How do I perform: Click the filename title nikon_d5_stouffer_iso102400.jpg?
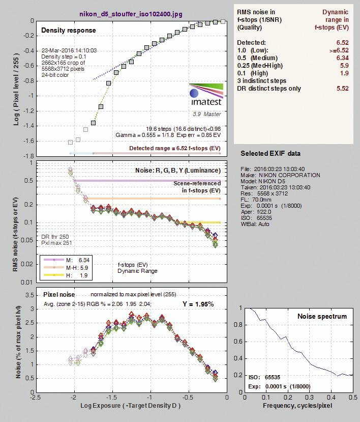131,14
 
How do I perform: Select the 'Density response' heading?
68,30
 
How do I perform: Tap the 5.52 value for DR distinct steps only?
343,89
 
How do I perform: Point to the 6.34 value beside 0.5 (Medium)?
343,58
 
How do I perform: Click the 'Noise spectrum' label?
322,316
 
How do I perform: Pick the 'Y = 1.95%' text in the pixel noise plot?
198,304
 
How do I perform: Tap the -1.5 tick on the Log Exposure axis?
112,398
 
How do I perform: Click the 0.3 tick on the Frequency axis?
310,398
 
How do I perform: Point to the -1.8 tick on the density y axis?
28,156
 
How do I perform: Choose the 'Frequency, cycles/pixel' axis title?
297,406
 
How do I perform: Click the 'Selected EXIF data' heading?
271,153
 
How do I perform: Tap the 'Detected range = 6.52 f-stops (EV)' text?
175,148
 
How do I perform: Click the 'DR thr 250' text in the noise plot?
55,237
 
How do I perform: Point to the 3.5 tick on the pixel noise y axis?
29,295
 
